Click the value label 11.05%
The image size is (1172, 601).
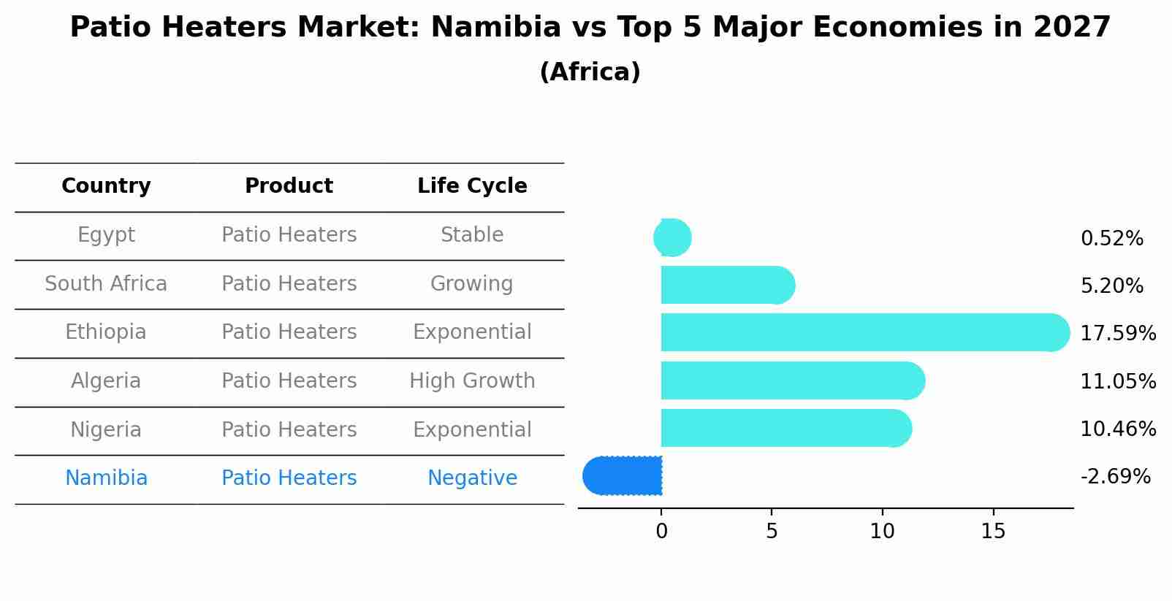(1117, 381)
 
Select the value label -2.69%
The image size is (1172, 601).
(1115, 476)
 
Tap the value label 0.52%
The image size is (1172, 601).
(1111, 238)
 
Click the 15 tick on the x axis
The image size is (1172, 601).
(993, 532)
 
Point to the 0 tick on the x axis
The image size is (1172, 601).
(661, 532)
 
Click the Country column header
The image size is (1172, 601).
(106, 186)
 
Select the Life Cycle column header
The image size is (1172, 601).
(472, 186)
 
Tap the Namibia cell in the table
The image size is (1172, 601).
(106, 478)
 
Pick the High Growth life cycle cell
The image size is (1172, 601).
(472, 381)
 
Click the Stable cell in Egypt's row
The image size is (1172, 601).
(472, 235)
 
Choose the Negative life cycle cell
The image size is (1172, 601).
(472, 478)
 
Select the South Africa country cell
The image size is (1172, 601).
(106, 283)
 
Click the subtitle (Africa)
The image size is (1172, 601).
(590, 72)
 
